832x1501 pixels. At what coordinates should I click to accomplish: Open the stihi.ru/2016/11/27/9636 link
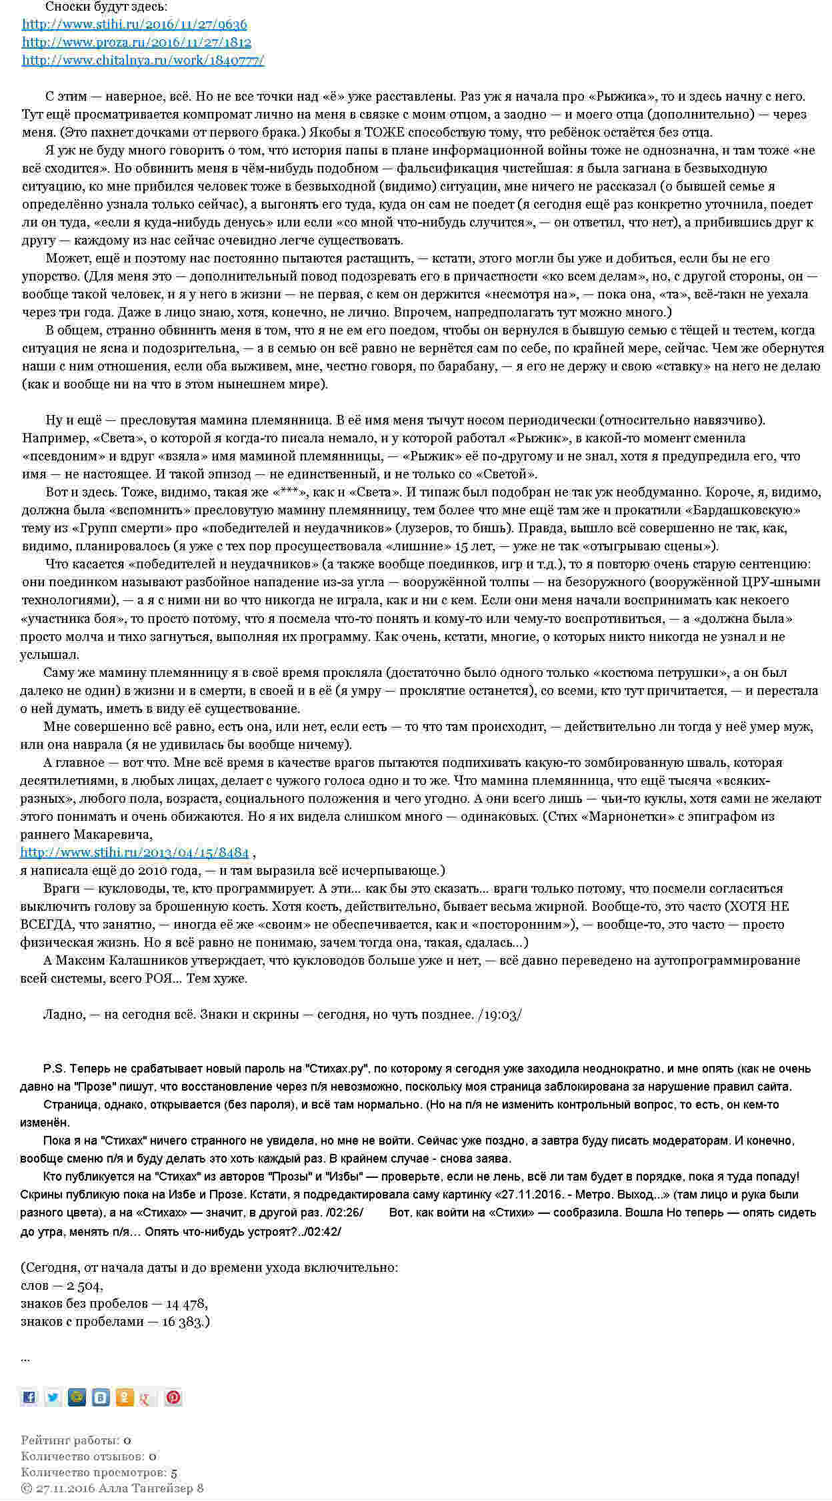point(134,25)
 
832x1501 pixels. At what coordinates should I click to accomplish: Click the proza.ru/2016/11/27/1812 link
point(136,43)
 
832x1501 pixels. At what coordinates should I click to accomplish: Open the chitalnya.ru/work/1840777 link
point(143,61)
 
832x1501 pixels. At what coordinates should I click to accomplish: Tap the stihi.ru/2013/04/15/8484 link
point(134,853)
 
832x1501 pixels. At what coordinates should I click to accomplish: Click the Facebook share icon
point(29,1397)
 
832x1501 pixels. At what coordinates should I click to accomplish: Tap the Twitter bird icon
point(53,1397)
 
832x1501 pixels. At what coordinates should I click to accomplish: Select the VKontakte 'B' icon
point(101,1397)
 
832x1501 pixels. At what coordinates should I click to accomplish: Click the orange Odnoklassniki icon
point(125,1397)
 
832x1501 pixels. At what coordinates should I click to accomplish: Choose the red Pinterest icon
point(173,1397)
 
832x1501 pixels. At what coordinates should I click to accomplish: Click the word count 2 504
point(84,1286)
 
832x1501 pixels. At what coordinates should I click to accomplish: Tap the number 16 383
point(188,1322)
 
